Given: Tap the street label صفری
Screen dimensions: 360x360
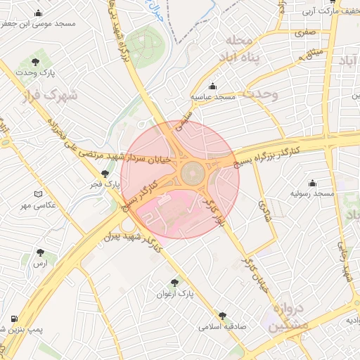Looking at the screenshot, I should point(305,32).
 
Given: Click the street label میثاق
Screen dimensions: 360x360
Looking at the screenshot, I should point(311,52).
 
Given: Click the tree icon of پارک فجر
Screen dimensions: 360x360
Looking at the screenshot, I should point(105,174).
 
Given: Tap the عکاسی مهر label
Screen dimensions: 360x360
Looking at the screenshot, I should point(56,205).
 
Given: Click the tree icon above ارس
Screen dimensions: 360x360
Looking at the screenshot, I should point(39,250).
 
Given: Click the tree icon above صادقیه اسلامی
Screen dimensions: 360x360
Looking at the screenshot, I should point(223,316).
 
